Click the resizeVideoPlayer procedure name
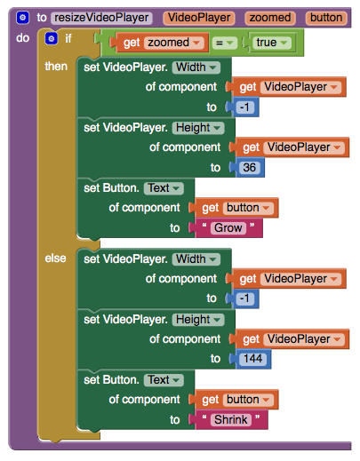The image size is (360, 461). tap(101, 18)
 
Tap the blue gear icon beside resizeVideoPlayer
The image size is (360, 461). tap(22, 18)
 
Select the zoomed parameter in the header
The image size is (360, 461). tap(270, 18)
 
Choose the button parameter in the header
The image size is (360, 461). tap(326, 18)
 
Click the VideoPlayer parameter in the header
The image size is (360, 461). tap(199, 18)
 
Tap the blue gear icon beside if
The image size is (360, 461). tap(51, 38)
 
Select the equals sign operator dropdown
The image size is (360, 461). tap(224, 43)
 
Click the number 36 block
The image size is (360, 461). tap(249, 168)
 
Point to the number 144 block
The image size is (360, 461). tap(252, 359)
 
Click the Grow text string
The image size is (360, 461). tap(228, 228)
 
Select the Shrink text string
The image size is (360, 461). tap(231, 420)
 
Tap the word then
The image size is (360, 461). tap(56, 67)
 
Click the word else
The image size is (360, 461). tap(55, 258)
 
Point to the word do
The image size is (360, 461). tap(22, 38)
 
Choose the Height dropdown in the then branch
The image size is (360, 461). tap(198, 128)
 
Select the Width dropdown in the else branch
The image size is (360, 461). tap(196, 259)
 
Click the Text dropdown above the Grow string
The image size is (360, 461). tap(164, 188)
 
